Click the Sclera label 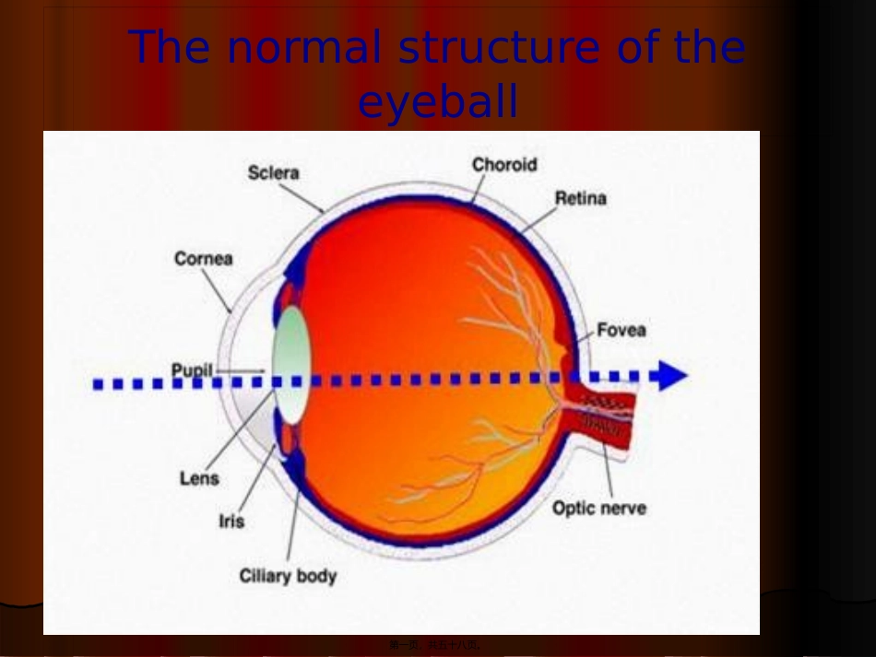[x=273, y=172]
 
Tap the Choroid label [x=503, y=165]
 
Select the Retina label [x=580, y=198]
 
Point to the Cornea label [x=203, y=259]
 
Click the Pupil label [x=192, y=370]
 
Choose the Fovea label [x=621, y=330]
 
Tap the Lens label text [x=199, y=478]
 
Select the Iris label [x=231, y=522]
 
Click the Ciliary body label [x=288, y=577]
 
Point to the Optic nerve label [x=598, y=508]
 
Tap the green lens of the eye [x=291, y=364]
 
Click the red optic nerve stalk [x=604, y=414]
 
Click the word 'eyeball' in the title [x=438, y=103]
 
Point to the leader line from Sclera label [x=301, y=197]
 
